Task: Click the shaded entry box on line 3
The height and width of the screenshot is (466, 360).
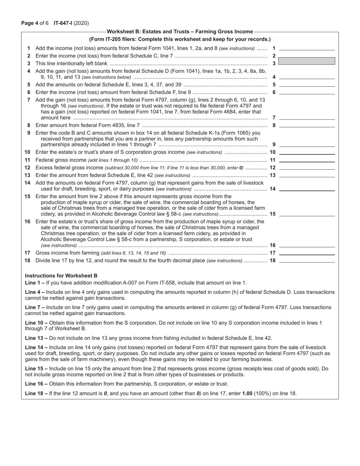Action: [x=307, y=61]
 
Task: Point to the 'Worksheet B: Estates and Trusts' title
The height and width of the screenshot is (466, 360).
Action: [x=180, y=31]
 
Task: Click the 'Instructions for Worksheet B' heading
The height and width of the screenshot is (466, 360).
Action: [x=61, y=275]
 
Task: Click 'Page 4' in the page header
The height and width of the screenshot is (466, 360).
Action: [x=28, y=23]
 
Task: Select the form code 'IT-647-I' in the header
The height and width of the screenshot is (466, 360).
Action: [x=63, y=23]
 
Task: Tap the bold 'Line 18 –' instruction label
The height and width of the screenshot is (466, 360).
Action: [x=35, y=393]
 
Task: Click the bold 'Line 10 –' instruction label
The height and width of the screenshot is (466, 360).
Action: [x=35, y=322]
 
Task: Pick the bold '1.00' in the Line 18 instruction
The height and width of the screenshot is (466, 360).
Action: [x=247, y=393]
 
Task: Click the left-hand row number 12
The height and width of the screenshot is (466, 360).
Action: [x=27, y=167]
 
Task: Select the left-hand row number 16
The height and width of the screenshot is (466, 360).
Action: [x=27, y=221]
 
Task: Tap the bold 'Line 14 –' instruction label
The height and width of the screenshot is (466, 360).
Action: [x=35, y=347]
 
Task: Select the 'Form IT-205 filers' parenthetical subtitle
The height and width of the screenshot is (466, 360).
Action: [x=180, y=39]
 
